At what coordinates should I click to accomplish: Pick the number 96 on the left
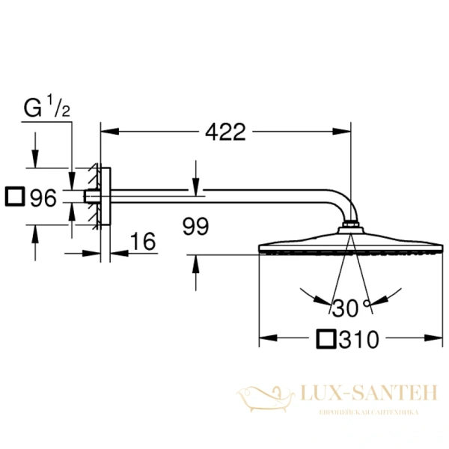43,198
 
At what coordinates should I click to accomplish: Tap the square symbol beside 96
14,198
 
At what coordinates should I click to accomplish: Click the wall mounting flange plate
104,196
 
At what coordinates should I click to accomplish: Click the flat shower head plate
350,244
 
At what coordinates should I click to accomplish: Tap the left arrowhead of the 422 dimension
105,132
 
